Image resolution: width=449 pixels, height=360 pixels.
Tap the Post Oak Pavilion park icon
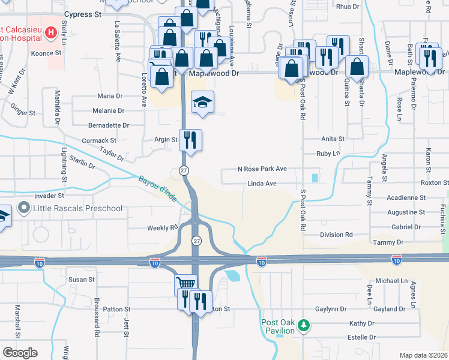pos(304,326)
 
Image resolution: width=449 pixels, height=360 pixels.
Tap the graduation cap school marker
pos(202,103)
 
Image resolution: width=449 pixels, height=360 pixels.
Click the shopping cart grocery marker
pos(185,284)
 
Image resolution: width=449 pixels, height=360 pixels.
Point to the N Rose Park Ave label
pos(262,169)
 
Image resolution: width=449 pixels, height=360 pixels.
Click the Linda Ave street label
pos(262,183)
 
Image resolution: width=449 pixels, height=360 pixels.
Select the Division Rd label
pos(336,235)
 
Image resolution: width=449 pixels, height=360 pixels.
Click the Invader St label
pos(49,196)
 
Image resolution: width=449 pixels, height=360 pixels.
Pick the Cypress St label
pos(82,14)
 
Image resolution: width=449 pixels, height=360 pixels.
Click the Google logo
pos(20,352)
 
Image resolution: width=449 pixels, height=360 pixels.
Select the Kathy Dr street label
pos(362,323)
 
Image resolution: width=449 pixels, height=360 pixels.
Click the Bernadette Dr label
pos(109,125)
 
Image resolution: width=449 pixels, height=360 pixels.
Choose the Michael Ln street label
pos(391,280)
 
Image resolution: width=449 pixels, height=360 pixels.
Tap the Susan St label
pos(82,280)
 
